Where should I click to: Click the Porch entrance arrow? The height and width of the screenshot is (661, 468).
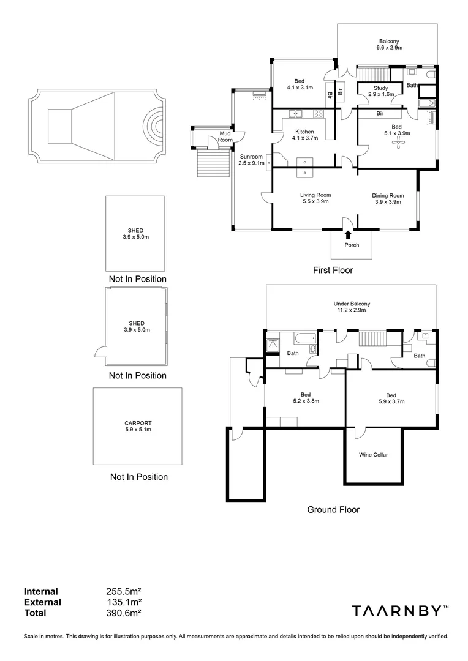pos(348,234)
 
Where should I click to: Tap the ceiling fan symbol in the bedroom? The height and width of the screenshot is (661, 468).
pos(399,143)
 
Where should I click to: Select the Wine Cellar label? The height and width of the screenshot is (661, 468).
pos(373,455)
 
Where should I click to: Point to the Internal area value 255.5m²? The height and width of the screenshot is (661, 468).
pos(124,592)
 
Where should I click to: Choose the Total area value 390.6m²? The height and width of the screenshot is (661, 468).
pos(124,613)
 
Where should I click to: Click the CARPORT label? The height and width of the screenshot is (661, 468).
pos(137,426)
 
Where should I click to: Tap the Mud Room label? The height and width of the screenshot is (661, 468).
pos(225,137)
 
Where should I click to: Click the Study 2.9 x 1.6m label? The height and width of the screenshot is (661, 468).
pos(380,92)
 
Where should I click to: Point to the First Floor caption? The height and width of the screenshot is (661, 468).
pos(333,270)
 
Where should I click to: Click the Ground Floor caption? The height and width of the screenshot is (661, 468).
pos(333,509)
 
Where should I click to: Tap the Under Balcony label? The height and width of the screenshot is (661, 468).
pos(352,307)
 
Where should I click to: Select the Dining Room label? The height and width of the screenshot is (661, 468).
pos(388,199)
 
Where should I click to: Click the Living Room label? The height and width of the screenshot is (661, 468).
pos(315,198)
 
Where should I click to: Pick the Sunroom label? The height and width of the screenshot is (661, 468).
pos(251,160)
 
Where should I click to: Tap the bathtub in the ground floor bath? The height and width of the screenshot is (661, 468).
pos(304,338)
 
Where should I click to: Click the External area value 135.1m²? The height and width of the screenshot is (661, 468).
pos(124,602)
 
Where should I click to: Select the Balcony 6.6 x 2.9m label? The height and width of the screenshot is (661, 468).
pos(389,43)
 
